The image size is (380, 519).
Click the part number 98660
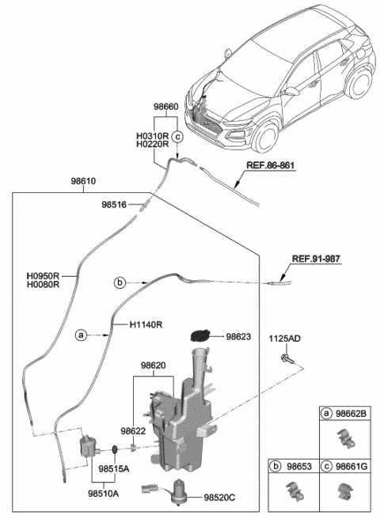pos(167,104)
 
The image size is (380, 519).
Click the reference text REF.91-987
pos(316,259)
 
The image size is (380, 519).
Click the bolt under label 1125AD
pos(286,360)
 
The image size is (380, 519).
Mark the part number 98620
pos(154,367)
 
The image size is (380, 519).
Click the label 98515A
pos(114,468)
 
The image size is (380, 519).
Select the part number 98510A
pos(103,493)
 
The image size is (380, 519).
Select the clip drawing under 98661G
pos(345,491)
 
